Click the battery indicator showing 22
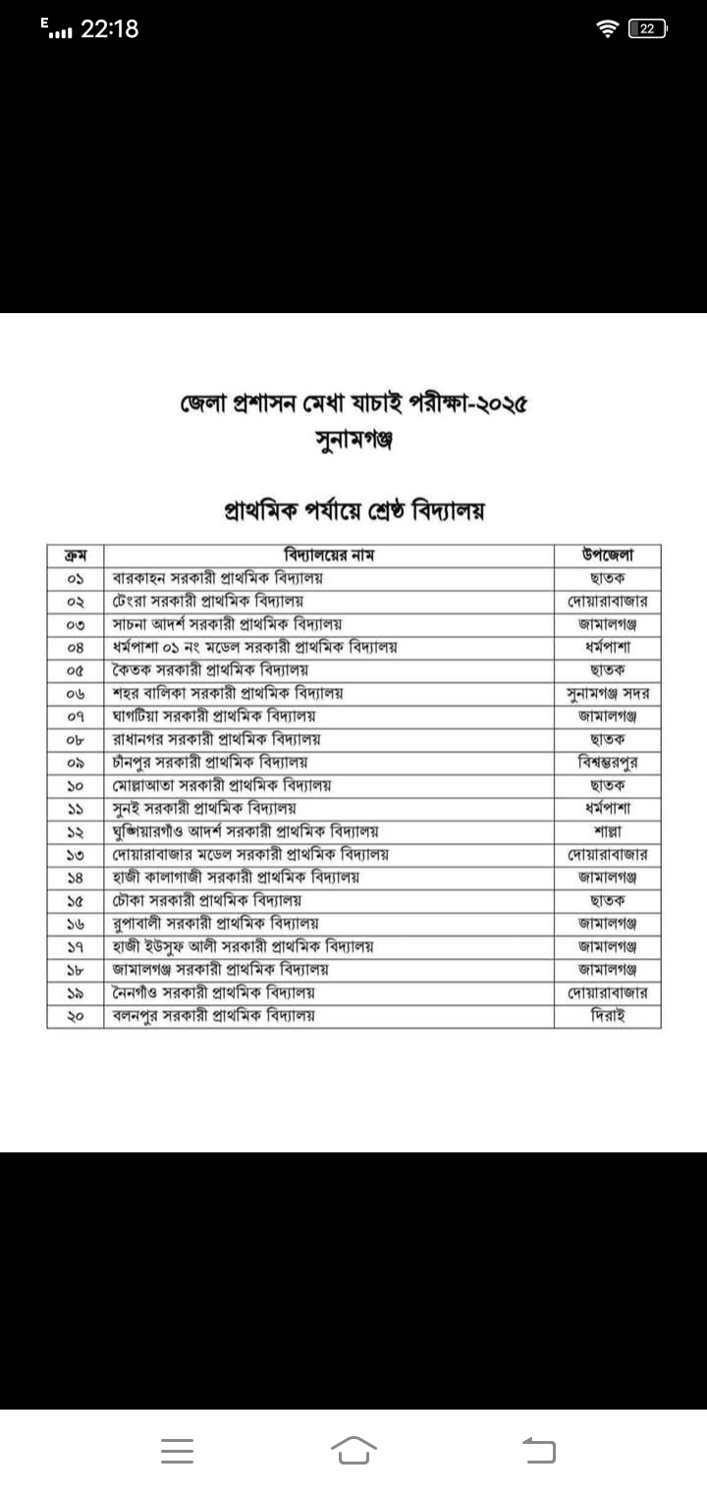point(647,29)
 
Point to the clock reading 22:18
point(109,29)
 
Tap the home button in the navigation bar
point(353,1450)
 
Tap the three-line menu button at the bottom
point(177,1451)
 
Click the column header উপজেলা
point(607,556)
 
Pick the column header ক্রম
point(76,556)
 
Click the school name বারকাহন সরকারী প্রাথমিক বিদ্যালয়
point(219,578)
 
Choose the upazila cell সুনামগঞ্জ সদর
point(607,694)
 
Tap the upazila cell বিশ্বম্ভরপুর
point(607,763)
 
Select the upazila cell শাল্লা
point(607,831)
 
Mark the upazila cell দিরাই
point(607,1016)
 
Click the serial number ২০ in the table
point(76,1016)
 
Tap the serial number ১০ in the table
point(76,785)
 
